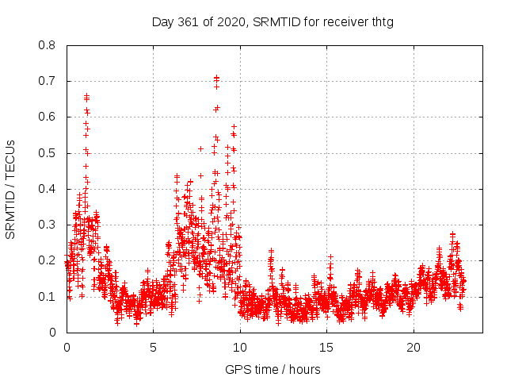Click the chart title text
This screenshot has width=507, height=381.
click(x=273, y=22)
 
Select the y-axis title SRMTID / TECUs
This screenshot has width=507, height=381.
click(x=10, y=189)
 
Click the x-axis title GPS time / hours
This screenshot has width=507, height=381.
click(x=273, y=369)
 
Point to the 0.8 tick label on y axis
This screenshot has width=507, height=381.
click(x=48, y=45)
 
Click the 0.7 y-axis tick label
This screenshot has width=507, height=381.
click(x=48, y=81)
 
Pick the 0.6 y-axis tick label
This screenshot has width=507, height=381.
click(x=48, y=117)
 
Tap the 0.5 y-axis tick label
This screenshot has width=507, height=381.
click(x=48, y=152)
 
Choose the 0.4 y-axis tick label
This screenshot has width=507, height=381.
click(x=48, y=189)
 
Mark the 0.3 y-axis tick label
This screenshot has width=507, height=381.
click(x=48, y=225)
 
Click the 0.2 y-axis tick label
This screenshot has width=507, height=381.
click(x=48, y=260)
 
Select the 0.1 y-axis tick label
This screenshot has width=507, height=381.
click(x=48, y=296)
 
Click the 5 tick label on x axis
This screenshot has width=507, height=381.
click(x=154, y=348)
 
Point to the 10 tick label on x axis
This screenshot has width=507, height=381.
click(x=240, y=348)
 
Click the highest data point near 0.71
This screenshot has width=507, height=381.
click(x=216, y=78)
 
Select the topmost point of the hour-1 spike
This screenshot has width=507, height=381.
click(x=86, y=96)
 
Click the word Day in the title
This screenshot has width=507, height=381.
click(x=162, y=22)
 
